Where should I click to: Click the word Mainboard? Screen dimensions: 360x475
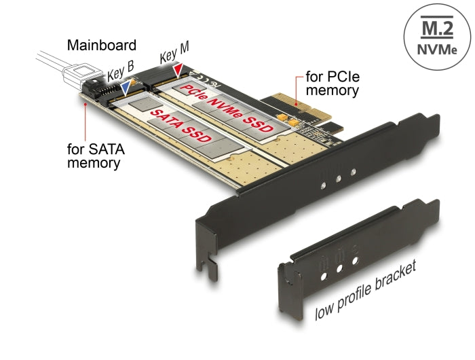(x=102, y=46)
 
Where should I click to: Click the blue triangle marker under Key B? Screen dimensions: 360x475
(x=126, y=87)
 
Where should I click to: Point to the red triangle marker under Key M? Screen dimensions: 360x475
(x=178, y=69)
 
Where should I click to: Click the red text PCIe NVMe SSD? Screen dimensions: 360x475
(x=227, y=109)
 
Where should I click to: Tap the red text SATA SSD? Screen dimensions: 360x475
(x=180, y=126)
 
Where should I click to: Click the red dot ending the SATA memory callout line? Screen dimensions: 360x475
(x=83, y=106)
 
